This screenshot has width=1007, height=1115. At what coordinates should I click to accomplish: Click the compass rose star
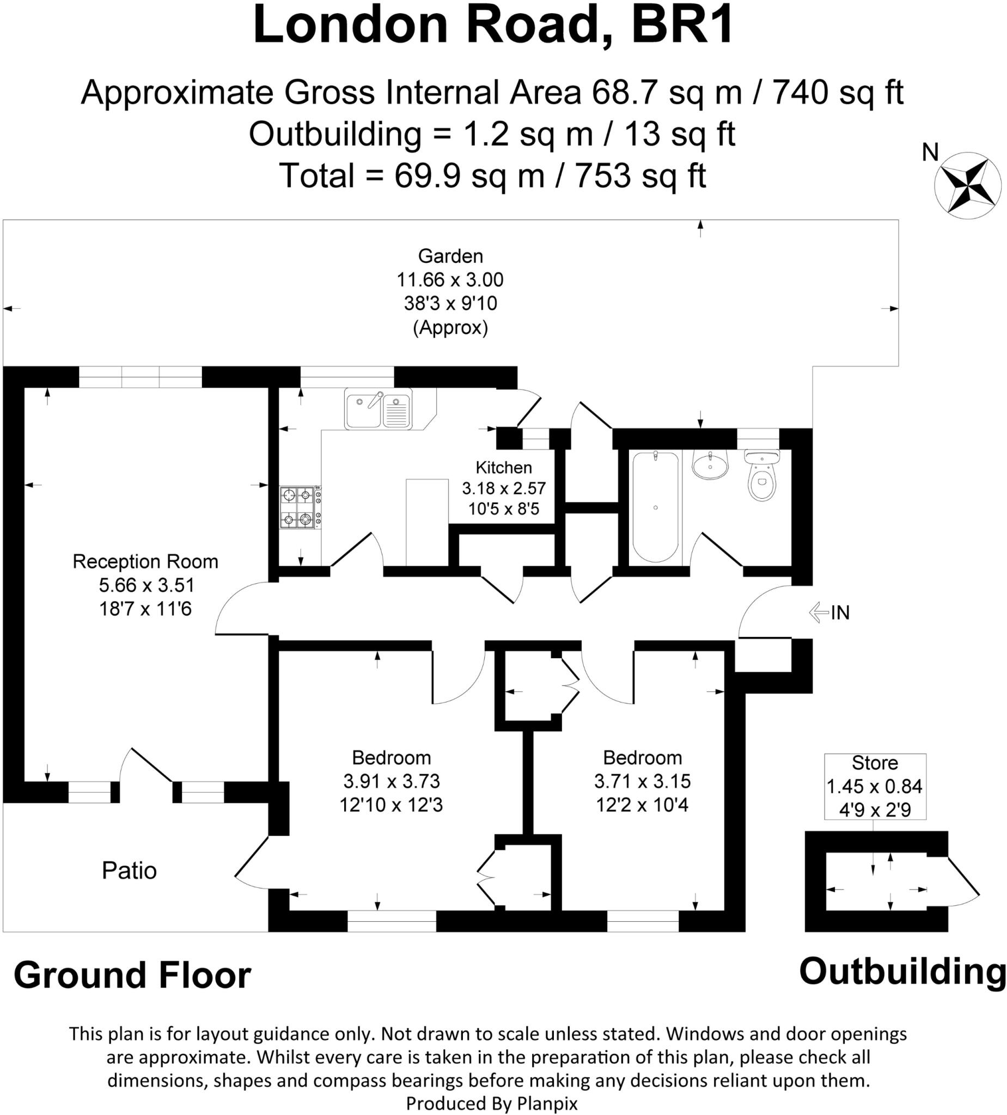click(x=968, y=185)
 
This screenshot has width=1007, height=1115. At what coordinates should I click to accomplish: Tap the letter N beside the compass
click(x=930, y=152)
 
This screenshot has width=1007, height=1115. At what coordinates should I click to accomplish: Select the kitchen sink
click(x=379, y=408)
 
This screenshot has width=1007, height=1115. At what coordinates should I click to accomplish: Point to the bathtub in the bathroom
click(x=655, y=507)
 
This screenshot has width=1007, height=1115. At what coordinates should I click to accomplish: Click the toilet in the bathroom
click(x=762, y=475)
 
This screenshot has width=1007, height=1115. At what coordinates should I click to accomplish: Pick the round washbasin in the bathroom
click(x=710, y=464)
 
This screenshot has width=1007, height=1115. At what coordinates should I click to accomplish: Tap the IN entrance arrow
click(x=819, y=612)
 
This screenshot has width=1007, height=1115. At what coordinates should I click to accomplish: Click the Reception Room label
click(x=145, y=561)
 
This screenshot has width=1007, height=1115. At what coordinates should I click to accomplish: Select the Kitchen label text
click(x=503, y=467)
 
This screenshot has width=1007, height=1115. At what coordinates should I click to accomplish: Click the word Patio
click(x=129, y=871)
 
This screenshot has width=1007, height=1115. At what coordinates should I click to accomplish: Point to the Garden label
click(x=450, y=256)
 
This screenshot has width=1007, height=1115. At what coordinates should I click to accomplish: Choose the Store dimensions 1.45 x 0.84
click(x=874, y=786)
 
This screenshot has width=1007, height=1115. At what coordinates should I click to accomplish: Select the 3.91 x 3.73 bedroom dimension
click(x=391, y=781)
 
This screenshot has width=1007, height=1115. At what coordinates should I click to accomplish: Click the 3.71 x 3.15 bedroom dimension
click(x=642, y=781)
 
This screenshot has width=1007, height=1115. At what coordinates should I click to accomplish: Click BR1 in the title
click(x=682, y=25)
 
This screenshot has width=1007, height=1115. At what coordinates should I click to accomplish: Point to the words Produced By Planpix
click(x=492, y=1104)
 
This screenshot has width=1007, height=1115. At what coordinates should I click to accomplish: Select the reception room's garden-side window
click(x=140, y=377)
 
